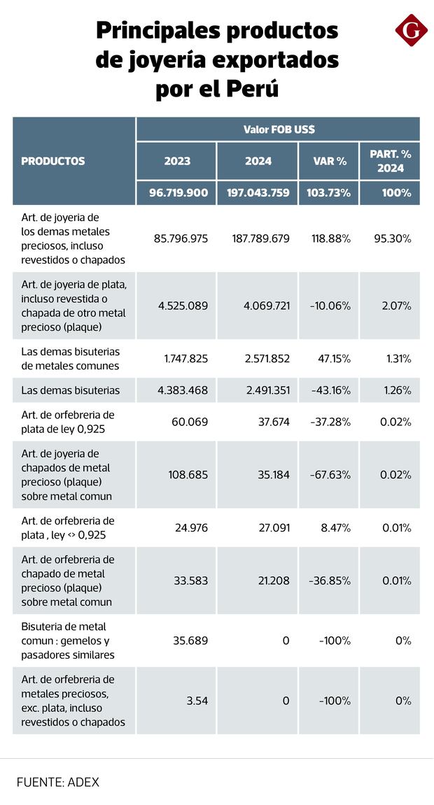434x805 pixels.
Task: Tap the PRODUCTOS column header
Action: coord(53,161)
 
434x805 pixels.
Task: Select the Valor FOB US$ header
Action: coord(279,129)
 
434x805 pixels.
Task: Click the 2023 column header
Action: coord(177,161)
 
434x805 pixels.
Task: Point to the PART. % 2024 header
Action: coord(391,161)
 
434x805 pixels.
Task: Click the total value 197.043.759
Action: coord(258,193)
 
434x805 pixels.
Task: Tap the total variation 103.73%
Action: coord(329,193)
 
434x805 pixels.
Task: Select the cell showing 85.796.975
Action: coord(181,238)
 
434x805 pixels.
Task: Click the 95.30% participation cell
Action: coord(393,238)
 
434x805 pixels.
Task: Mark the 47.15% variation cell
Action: coord(332,359)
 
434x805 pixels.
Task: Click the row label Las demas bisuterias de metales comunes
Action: coord(71,359)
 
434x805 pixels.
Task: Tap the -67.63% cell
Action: coord(330,474)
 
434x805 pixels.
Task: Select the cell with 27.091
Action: coord(274,527)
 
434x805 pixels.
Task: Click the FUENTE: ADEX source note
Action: coord(58,782)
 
